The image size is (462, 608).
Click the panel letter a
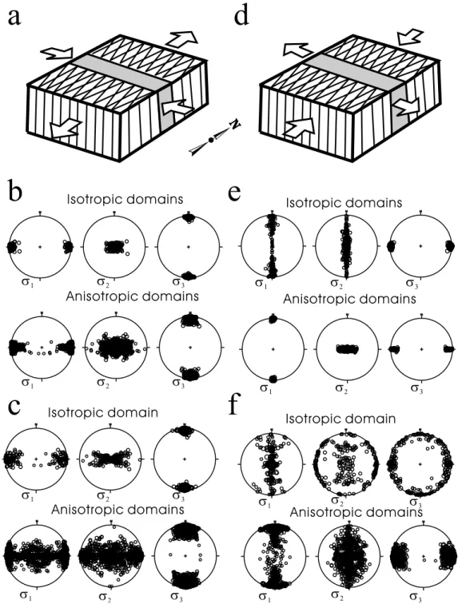(14, 16)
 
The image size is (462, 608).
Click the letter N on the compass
(235, 125)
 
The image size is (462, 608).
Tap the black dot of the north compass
(211, 140)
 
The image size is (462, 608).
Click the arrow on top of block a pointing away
(181, 39)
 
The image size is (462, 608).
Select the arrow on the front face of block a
(66, 129)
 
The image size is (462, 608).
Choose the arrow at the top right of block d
(410, 38)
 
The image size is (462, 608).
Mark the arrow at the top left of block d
(298, 50)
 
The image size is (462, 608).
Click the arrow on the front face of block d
(299, 126)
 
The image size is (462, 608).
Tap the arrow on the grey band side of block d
(406, 105)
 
